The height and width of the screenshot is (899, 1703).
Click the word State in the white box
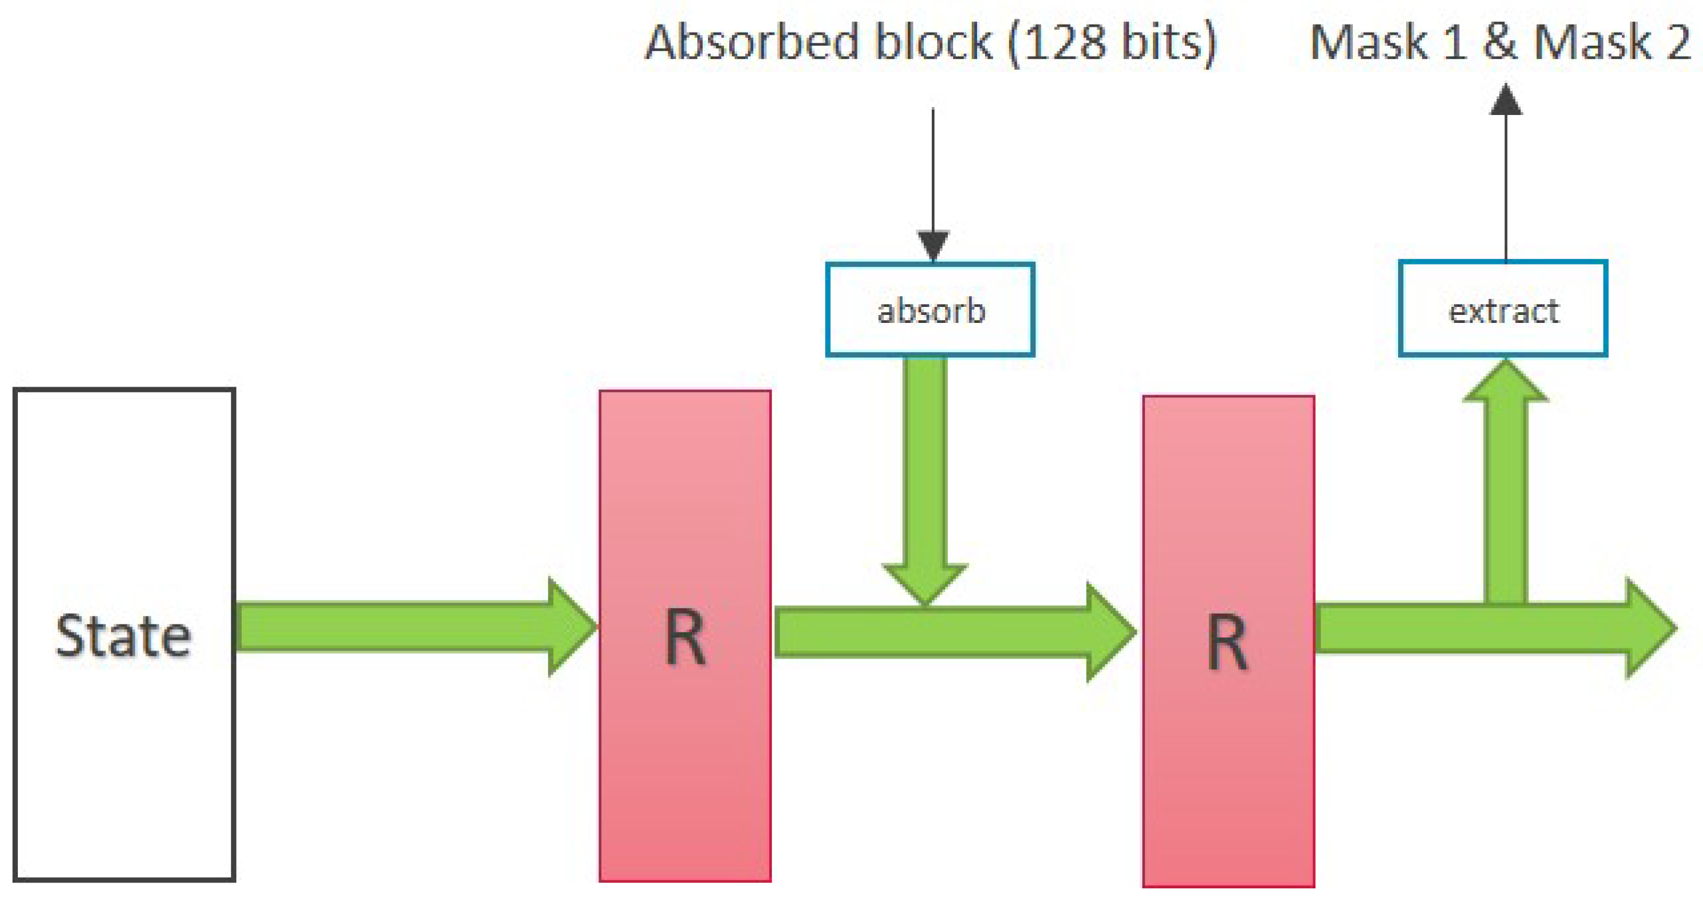point(124,636)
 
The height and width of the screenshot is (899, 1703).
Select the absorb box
point(929,310)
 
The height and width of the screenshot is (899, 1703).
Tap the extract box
point(1502,310)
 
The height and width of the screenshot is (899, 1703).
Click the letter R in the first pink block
point(684,638)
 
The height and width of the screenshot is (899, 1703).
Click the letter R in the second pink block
point(1227,643)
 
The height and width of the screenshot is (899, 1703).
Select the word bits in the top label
point(1161,43)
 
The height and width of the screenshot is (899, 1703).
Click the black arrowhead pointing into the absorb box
point(933,245)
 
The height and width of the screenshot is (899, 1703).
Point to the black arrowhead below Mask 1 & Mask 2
point(1505,100)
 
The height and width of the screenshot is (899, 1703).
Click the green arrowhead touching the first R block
point(571,627)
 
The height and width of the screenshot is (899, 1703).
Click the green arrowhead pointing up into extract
point(1505,381)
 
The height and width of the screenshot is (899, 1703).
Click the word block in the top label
point(933,43)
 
